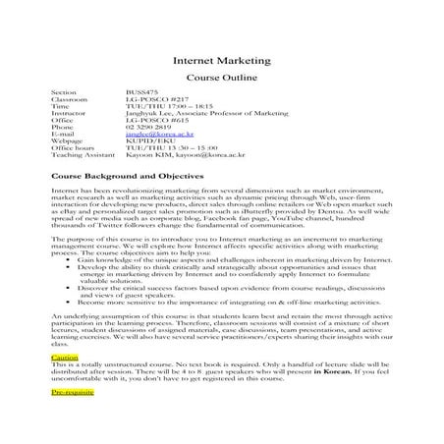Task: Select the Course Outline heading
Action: click(221, 78)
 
